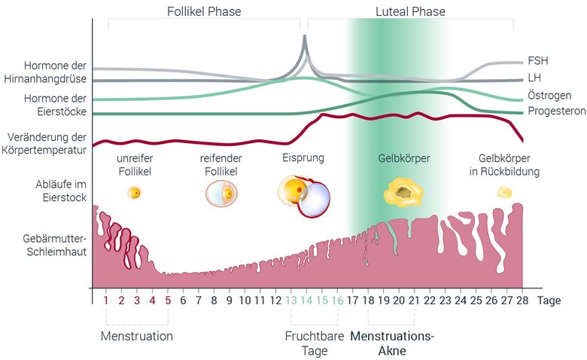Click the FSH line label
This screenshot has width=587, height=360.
537,61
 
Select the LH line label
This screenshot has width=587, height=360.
534,78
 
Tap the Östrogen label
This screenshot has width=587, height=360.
549,95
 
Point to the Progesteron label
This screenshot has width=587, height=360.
557,111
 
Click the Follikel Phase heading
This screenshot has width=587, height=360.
204,11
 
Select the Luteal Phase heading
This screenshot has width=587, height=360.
410,11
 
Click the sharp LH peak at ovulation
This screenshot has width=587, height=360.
304,36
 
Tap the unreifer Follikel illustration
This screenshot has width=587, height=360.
135,193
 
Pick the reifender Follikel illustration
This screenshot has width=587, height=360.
221,194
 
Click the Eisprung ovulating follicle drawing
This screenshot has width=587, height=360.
304,197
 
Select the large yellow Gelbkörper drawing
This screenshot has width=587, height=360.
403,192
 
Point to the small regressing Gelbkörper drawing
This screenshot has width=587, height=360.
504,193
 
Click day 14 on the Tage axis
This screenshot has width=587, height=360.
306,300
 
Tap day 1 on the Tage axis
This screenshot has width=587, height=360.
106,300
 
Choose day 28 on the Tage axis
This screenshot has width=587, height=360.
522,300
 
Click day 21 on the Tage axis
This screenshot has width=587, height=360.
414,300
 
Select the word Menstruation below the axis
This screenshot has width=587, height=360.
137,336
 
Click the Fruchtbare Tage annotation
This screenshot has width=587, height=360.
315,343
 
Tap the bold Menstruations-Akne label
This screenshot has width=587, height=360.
392,343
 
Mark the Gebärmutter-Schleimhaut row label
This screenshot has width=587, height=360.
55,245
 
